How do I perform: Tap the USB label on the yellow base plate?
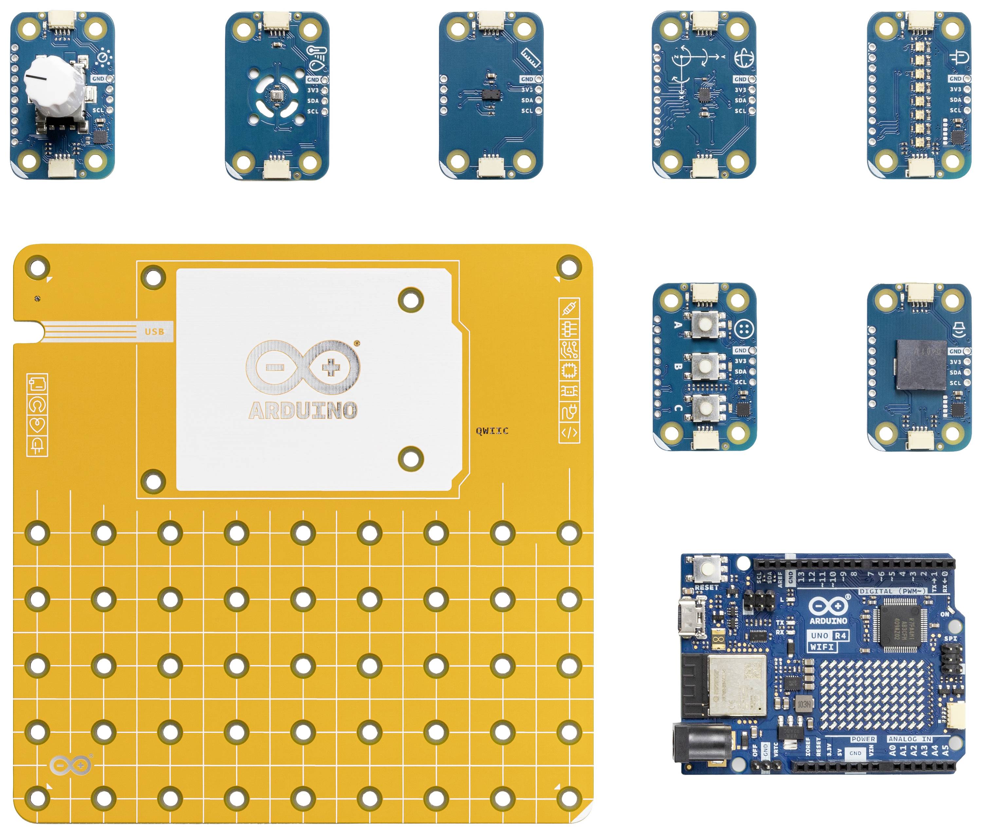coord(154,332)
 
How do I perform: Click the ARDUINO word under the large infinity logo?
coord(303,410)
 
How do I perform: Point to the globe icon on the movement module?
coord(744,58)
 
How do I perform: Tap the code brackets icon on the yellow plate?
coord(569,432)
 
